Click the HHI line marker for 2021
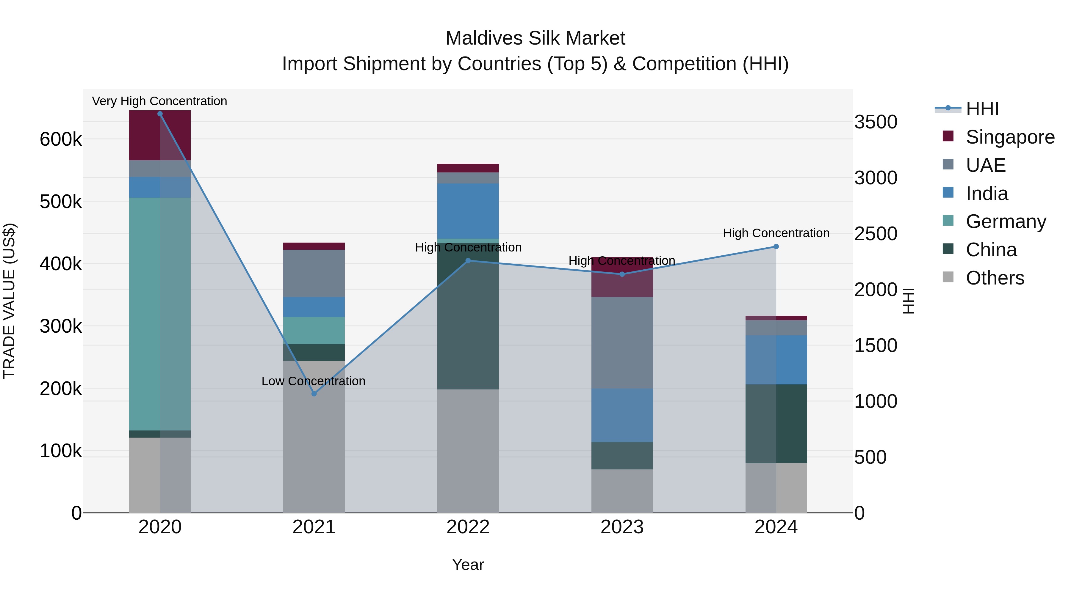314,393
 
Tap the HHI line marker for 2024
776,246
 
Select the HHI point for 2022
468,260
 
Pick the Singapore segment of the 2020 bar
160,135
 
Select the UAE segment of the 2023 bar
622,342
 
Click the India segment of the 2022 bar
468,211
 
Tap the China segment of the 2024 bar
776,423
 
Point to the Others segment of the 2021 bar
314,436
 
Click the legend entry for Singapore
1010,137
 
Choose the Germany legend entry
1006,221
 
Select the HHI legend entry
982,109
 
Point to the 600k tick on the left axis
61,139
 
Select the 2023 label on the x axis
622,527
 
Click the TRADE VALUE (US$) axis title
9,301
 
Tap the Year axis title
468,565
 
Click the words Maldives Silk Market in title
535,38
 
